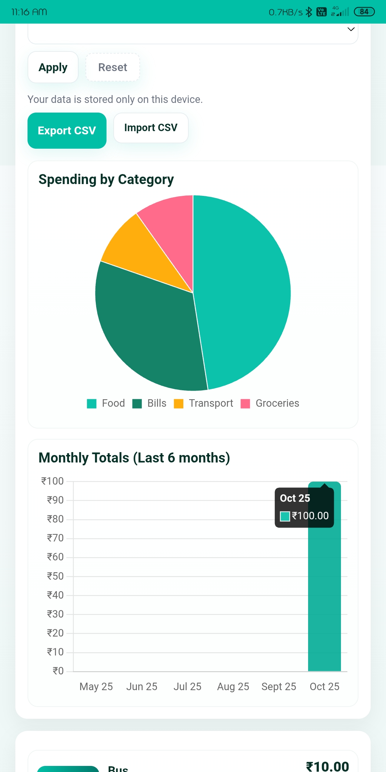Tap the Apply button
(x=53, y=67)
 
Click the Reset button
(x=113, y=67)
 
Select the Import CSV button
(x=151, y=128)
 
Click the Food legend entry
(x=106, y=403)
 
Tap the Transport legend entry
(x=204, y=403)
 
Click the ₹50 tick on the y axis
(x=55, y=576)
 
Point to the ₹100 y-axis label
(x=52, y=481)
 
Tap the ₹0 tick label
(x=58, y=671)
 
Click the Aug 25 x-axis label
(x=233, y=687)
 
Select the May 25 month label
(x=96, y=687)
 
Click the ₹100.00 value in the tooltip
(x=310, y=516)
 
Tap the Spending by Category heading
(x=106, y=179)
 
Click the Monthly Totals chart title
(x=134, y=458)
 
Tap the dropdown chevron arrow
(x=351, y=29)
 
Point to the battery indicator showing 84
(x=364, y=12)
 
